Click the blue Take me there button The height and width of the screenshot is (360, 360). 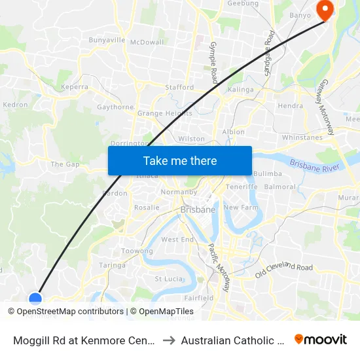pyautogui.click(x=180, y=160)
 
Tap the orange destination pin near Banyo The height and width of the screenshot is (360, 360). pyautogui.click(x=324, y=9)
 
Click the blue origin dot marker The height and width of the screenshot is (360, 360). pyautogui.click(x=35, y=298)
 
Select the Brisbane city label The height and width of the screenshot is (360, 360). pyautogui.click(x=197, y=209)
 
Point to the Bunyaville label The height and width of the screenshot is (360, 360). pyautogui.click(x=107, y=41)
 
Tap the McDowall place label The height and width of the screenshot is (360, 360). pyautogui.click(x=147, y=42)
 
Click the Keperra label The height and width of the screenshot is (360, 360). pyautogui.click(x=74, y=86)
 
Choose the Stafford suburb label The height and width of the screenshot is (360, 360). pyautogui.click(x=179, y=87)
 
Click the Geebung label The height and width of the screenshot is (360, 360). pyautogui.click(x=243, y=4)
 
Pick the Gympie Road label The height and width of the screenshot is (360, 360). pyautogui.click(x=213, y=62)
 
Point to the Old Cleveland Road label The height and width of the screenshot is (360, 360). pyautogui.click(x=284, y=267)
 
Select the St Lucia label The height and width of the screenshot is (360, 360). pyautogui.click(x=167, y=279)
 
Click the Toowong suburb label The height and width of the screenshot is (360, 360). pyautogui.click(x=137, y=251)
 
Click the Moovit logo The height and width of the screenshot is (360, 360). pyautogui.click(x=321, y=339)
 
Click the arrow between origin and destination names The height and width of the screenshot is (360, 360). pyautogui.click(x=168, y=340)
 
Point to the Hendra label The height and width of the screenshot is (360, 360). pyautogui.click(x=291, y=105)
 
